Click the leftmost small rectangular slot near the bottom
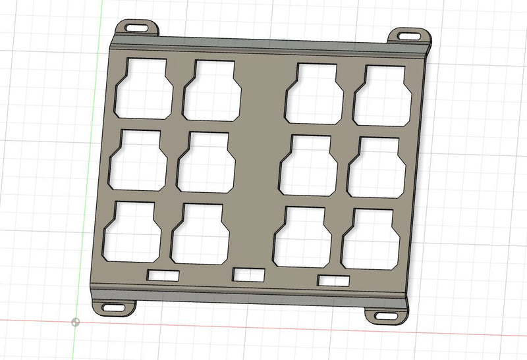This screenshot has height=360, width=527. pyautogui.click(x=163, y=275)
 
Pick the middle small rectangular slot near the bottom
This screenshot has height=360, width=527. pyautogui.click(x=249, y=274)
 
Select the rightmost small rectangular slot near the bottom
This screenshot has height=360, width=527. pyautogui.click(x=334, y=280)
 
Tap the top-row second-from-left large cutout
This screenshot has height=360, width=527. pyautogui.click(x=212, y=91)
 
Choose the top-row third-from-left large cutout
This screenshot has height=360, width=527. pyautogui.click(x=314, y=94)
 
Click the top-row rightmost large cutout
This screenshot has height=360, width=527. pyautogui.click(x=383, y=96)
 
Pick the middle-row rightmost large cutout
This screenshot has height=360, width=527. pyautogui.click(x=376, y=168)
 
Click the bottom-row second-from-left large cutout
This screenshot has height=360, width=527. pyautogui.click(x=200, y=234)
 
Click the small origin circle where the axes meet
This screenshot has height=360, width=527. pyautogui.click(x=76, y=322)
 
